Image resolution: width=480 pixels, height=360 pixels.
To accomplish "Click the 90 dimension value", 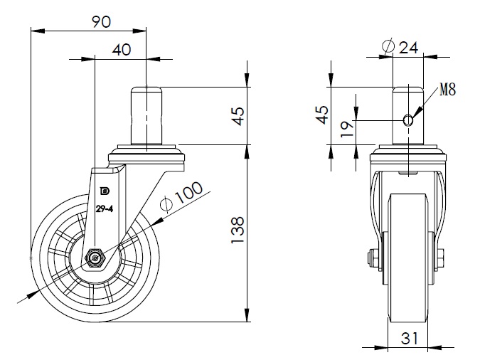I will click(x=101, y=22).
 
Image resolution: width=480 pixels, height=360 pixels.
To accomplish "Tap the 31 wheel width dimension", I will click(x=409, y=339).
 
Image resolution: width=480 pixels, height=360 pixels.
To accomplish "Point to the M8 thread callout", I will click(x=448, y=90).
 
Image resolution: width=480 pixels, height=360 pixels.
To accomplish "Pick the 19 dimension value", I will click(x=346, y=129).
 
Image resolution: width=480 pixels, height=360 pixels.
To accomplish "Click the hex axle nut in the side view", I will click(x=94, y=256).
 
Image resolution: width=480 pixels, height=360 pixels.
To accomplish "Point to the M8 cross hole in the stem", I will click(x=407, y=120).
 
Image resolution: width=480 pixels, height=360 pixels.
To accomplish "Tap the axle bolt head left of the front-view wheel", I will click(x=372, y=257).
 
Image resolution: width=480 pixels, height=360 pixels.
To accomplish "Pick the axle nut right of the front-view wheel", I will click(x=442, y=257).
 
